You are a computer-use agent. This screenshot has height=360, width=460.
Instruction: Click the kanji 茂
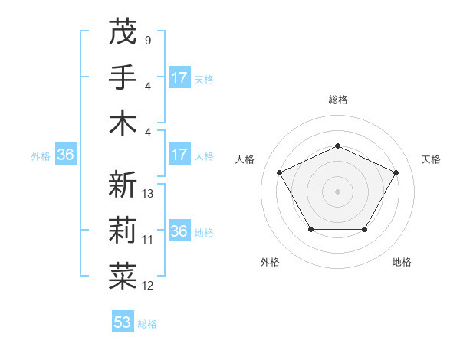click(x=123, y=31)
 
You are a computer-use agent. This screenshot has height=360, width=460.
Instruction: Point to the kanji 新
click(x=123, y=185)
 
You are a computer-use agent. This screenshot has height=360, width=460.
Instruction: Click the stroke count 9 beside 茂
click(x=147, y=41)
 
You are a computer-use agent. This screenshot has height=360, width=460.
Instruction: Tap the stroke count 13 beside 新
click(x=148, y=194)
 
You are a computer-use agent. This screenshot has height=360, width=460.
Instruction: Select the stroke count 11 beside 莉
click(x=148, y=240)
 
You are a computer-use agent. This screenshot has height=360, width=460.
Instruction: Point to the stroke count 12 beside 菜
click(x=148, y=286)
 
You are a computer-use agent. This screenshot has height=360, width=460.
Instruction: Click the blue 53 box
click(x=123, y=322)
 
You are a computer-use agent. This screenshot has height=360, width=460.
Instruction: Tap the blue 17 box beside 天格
click(x=179, y=77)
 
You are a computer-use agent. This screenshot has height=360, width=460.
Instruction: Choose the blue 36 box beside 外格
click(x=66, y=155)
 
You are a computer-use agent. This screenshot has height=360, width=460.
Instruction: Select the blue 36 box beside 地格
click(x=179, y=231)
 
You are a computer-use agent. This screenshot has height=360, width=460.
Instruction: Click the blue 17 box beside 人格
click(x=179, y=155)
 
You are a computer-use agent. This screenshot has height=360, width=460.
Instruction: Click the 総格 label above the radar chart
click(x=337, y=100)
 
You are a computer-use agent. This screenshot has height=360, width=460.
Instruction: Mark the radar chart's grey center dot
click(x=337, y=191)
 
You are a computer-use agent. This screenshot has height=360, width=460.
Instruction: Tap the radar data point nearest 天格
click(x=396, y=172)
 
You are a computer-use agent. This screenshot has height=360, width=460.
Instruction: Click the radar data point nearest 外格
click(x=310, y=229)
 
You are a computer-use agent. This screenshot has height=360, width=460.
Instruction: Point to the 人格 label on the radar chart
click(x=245, y=159)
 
